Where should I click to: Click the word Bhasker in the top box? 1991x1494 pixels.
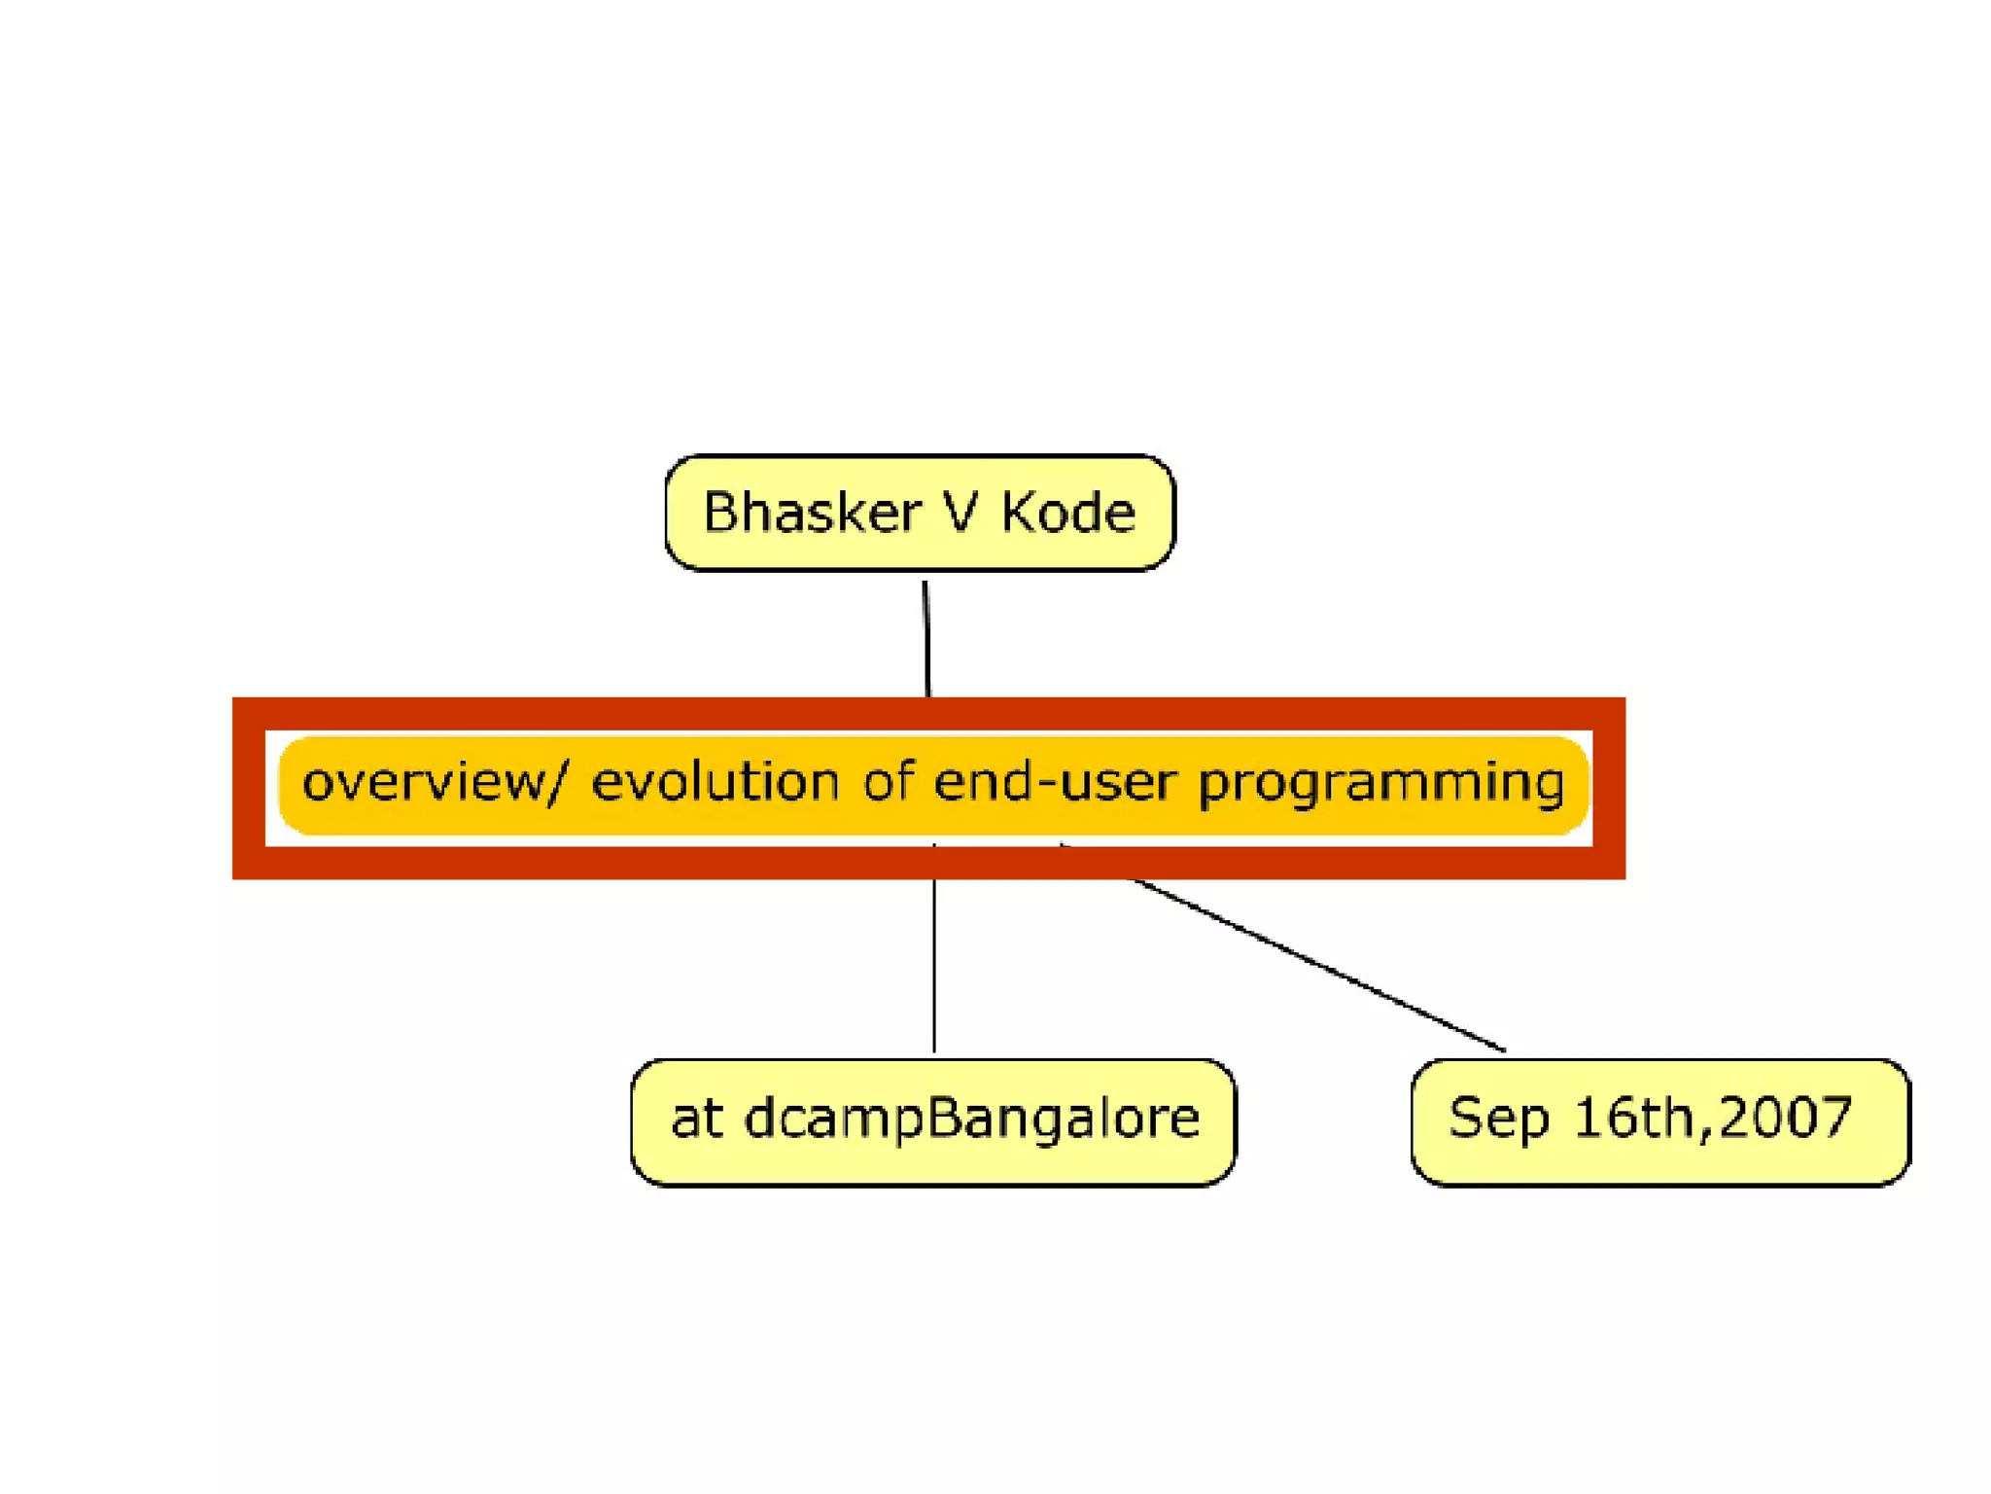[x=812, y=513]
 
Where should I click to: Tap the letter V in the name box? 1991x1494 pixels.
[x=961, y=513]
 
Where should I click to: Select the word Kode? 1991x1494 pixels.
[x=1068, y=513]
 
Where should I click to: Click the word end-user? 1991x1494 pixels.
[x=1055, y=781]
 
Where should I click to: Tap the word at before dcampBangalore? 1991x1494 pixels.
[x=696, y=1119]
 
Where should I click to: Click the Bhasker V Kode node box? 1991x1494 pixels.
[x=919, y=554]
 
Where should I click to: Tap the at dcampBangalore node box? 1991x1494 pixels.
[x=933, y=1167]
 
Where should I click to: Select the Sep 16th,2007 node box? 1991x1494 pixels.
[x=1659, y=1167]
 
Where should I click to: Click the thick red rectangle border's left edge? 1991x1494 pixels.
[x=249, y=788]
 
